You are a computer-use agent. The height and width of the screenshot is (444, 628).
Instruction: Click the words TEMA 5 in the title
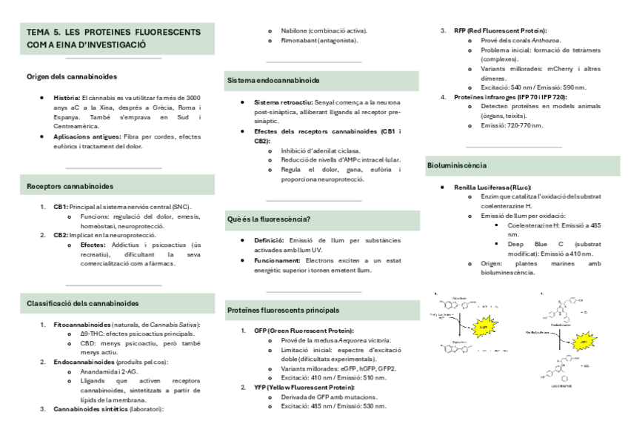44,33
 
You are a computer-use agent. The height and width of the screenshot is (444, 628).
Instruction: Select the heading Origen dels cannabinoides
72,76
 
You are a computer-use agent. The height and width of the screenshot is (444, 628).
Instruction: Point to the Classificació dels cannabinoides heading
82,302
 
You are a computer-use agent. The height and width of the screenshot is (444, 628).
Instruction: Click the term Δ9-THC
92,334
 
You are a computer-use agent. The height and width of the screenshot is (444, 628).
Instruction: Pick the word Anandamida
98,371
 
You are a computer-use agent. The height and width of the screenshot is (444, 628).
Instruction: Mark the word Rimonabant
298,40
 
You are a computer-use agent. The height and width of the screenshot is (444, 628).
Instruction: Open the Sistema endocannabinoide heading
273,79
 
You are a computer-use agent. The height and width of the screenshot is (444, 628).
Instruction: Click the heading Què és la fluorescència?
269,219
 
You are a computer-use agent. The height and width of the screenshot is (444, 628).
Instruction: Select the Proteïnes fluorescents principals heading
284,309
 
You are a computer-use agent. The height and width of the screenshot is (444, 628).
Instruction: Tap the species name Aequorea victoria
355,340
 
